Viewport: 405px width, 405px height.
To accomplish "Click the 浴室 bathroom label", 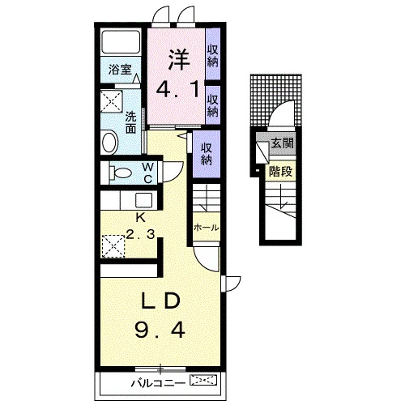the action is click(120, 70).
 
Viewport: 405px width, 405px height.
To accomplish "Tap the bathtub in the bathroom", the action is click(121, 42).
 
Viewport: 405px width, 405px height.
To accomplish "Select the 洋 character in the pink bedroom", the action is click(179, 59).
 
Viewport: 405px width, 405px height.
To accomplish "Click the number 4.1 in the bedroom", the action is click(177, 89).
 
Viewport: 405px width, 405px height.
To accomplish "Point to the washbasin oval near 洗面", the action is click(109, 142).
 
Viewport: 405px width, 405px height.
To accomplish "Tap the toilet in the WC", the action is click(121, 173).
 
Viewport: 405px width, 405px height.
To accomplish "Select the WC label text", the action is click(148, 173).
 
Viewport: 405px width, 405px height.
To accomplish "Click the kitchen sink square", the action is click(144, 200).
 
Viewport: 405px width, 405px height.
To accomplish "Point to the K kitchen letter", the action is click(140, 217).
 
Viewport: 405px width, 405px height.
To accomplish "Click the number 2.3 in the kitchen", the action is click(140, 234).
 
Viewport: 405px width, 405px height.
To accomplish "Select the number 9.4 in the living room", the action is click(160, 330).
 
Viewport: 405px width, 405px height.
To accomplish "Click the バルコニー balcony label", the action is click(158, 383).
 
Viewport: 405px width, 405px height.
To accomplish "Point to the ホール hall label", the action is click(206, 228).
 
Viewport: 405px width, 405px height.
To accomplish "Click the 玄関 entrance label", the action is click(282, 143).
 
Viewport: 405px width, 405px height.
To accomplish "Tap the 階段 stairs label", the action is click(280, 171).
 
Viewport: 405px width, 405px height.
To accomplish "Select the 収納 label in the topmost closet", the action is click(212, 56).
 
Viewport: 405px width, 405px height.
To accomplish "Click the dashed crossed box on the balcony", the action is click(203, 380).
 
